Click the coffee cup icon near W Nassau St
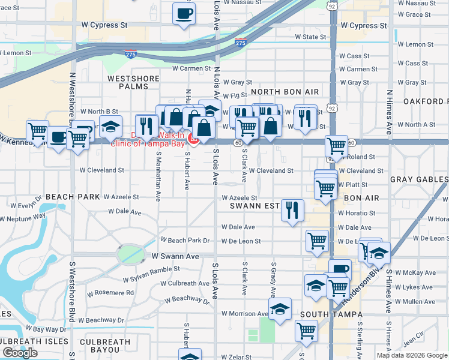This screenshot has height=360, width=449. point(184,13)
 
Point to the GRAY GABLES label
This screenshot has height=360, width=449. point(419,179)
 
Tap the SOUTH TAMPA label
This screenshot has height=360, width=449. point(331,314)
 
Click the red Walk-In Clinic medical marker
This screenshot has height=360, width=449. point(194,139)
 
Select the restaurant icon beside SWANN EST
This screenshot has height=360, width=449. point(292,211)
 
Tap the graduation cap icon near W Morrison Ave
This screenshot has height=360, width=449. point(280,309)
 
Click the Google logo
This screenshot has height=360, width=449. point(20,352)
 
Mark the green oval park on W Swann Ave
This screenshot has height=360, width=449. point(130,254)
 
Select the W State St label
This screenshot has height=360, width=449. point(310,37)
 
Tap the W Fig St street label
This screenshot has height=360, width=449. point(235,95)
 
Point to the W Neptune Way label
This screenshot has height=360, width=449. point(23,218)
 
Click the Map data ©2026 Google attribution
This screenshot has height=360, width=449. point(412,355)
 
